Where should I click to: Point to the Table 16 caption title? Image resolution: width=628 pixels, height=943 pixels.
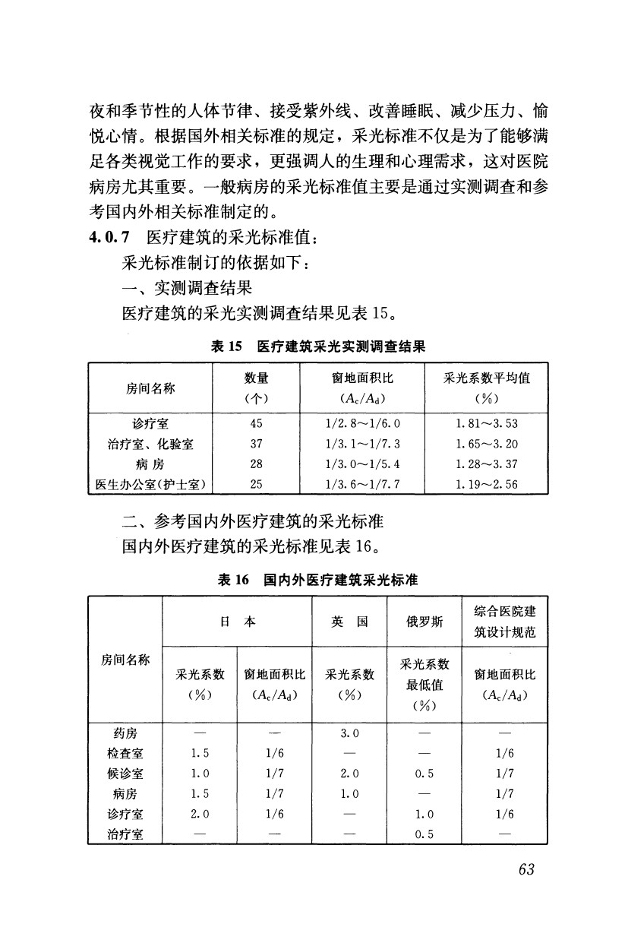click(x=318, y=580)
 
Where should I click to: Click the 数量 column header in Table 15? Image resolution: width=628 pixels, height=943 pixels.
click(x=257, y=378)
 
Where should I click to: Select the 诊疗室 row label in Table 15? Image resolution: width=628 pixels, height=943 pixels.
click(x=150, y=423)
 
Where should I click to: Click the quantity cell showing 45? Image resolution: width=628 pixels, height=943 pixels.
click(x=257, y=423)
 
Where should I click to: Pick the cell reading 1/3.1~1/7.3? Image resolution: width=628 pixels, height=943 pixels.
click(x=361, y=443)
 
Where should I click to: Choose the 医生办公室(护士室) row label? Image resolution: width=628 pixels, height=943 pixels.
click(x=150, y=483)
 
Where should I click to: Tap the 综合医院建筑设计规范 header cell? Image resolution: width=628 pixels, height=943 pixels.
click(x=505, y=621)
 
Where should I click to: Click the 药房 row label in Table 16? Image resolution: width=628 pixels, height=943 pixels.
click(x=125, y=733)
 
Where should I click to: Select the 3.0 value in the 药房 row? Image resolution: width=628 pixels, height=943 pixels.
click(x=349, y=733)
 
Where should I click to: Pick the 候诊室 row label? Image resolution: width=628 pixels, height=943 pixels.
click(x=125, y=774)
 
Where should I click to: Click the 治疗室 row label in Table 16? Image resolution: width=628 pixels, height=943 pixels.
click(x=125, y=834)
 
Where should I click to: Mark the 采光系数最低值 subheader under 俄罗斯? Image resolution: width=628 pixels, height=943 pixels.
click(x=424, y=684)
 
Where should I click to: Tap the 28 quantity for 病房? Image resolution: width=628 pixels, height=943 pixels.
click(x=257, y=463)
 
